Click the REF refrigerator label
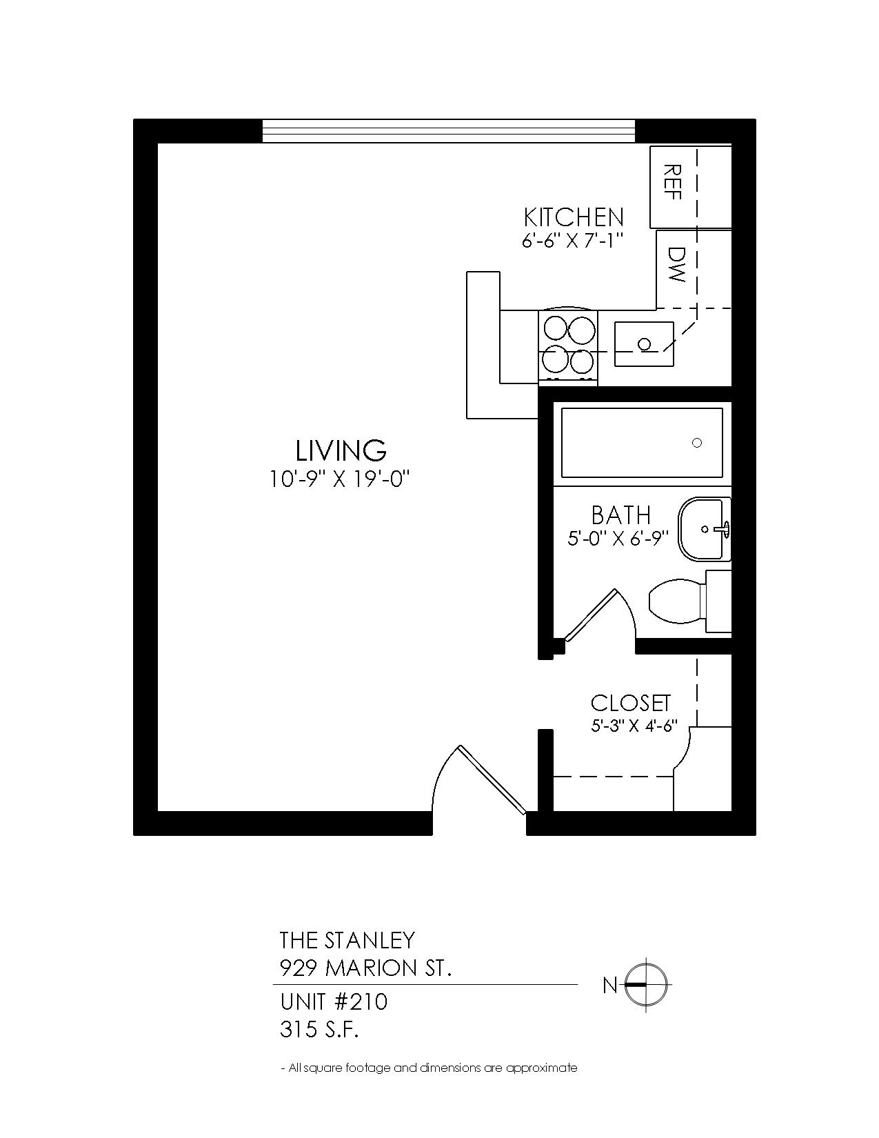point(672,181)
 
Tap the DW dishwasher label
point(676,265)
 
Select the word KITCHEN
point(574,217)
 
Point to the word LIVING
point(341,450)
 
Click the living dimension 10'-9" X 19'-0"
point(339,479)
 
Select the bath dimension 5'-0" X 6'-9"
point(618,539)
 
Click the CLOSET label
point(630,703)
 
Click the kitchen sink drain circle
point(645,344)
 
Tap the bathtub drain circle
point(697,443)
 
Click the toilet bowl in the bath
point(677,601)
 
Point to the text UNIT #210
point(334,1002)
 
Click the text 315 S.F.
point(319,1030)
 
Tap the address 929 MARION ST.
point(365,968)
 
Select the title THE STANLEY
point(347,940)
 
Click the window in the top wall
point(449,131)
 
